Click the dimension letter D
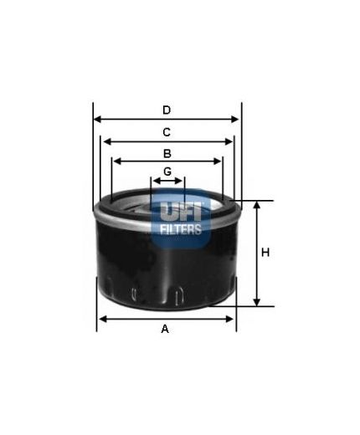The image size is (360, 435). (x=167, y=110)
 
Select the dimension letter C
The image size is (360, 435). (x=167, y=131)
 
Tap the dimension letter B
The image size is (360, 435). (x=167, y=153)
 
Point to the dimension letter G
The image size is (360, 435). (x=167, y=171)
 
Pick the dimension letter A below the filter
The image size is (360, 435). (x=165, y=329)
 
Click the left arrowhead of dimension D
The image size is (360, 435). (x=96, y=120)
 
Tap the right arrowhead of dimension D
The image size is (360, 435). (x=237, y=120)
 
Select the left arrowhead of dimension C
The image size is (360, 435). (x=104, y=141)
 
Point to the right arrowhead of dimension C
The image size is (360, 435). (x=230, y=141)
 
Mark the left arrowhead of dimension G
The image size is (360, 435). (x=154, y=180)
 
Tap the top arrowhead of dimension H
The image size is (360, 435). (x=255, y=205)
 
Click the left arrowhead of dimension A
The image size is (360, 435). (x=101, y=319)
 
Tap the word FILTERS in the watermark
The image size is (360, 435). (x=180, y=228)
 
